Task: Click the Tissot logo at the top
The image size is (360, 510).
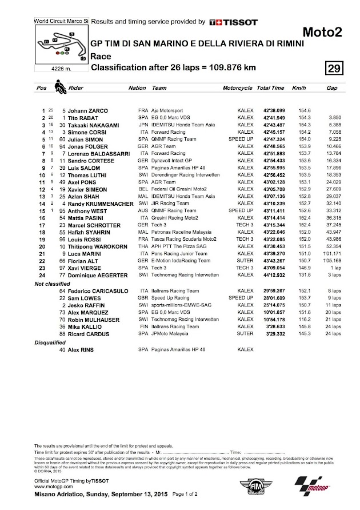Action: click(x=233, y=22)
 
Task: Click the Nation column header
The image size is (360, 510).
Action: click(x=137, y=89)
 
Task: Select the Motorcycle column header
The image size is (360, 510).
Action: click(x=237, y=89)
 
